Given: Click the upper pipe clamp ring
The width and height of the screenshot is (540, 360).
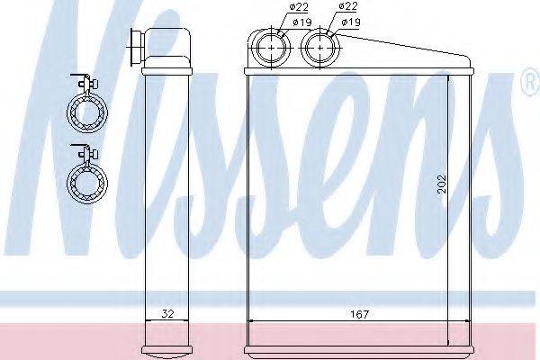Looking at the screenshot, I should click(87, 113).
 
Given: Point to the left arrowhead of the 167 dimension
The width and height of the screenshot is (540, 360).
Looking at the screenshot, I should click(250, 321).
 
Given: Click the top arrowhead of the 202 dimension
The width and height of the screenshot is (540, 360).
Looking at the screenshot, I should click(447, 78).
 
